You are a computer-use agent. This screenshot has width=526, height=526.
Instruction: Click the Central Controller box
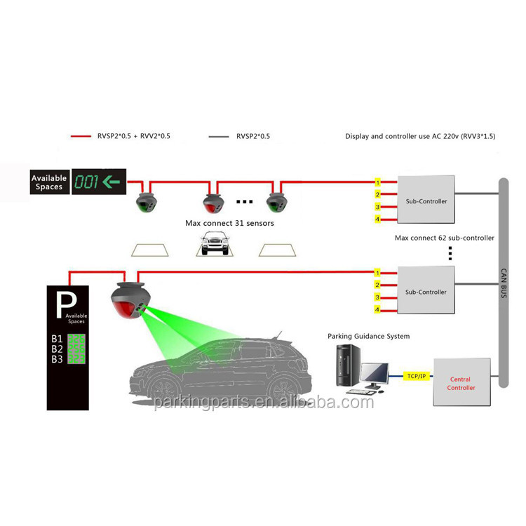[x=461, y=382]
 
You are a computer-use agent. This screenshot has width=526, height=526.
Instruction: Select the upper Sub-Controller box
[x=426, y=201]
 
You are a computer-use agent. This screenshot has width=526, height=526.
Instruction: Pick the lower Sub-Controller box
[x=426, y=291]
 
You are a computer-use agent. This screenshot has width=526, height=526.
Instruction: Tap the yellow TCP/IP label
[x=416, y=376]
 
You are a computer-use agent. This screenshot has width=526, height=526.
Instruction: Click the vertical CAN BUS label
[x=503, y=285]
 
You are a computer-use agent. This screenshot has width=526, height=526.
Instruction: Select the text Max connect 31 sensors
[x=229, y=223]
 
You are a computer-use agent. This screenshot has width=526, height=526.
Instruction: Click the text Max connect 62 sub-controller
[x=444, y=238]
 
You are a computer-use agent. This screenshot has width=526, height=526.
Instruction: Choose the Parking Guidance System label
[x=368, y=337]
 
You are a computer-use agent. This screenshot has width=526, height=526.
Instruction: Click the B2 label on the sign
[x=58, y=349]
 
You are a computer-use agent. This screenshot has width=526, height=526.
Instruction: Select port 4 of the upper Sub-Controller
[x=377, y=220]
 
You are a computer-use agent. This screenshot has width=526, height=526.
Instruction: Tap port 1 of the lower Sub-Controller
[x=377, y=272]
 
